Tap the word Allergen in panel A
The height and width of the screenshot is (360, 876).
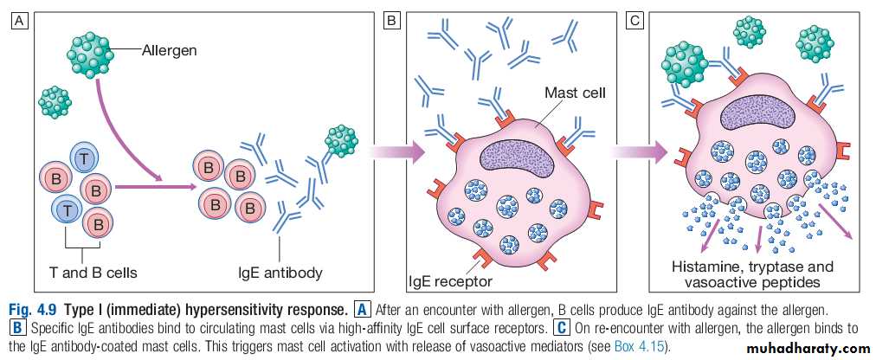tap(170, 50)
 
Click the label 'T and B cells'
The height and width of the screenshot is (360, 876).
tap(93, 273)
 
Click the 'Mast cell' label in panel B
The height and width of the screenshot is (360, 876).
tap(573, 91)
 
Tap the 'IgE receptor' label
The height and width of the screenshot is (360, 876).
tap(451, 281)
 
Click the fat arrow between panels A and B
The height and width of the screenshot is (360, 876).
tap(396, 152)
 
